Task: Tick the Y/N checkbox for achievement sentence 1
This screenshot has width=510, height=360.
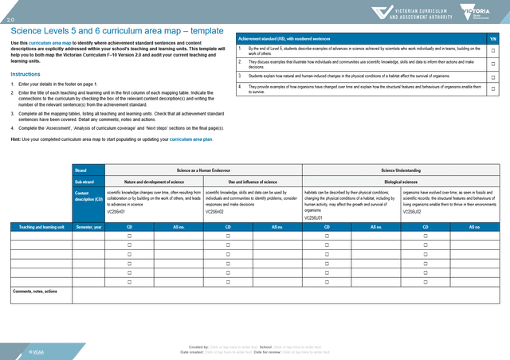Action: pos(493,50)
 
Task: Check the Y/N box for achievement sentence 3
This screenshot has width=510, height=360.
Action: pos(493,76)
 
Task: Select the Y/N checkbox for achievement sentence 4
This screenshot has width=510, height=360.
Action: pos(493,88)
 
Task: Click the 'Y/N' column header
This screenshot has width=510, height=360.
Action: pos(493,38)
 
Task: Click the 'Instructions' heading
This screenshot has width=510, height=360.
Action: pos(25,74)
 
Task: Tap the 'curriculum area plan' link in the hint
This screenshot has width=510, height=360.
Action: pos(190,139)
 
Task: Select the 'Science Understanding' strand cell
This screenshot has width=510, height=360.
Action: pos(401,170)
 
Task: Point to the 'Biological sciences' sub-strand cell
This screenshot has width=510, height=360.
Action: pos(401,182)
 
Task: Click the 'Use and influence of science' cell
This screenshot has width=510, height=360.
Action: pos(253,182)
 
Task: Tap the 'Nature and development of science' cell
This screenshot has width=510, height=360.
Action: pos(154,182)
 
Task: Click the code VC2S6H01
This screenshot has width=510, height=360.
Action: pos(116,212)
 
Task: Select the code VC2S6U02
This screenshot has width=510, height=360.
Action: pos(413,212)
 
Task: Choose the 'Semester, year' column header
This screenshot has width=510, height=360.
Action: pos(88,227)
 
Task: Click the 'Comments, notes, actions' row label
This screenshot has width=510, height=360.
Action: pos(35,292)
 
